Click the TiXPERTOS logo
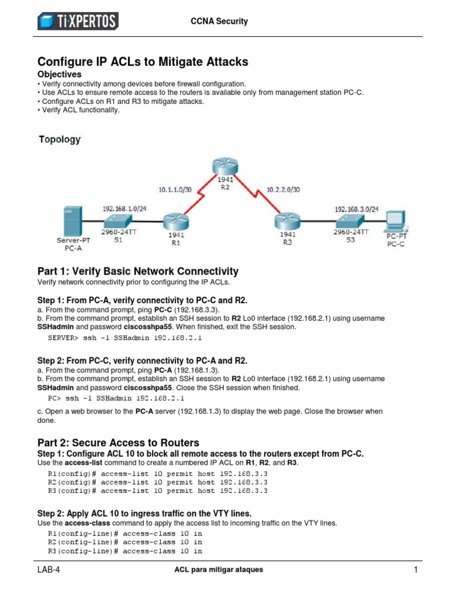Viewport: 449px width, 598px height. pyautogui.click(x=78, y=21)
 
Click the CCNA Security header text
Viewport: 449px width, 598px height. pyautogui.click(x=219, y=21)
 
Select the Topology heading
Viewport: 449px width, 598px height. pyautogui.click(x=60, y=140)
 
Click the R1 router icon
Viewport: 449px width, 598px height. pyautogui.click(x=174, y=221)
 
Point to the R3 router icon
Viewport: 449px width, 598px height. pyautogui.click(x=287, y=221)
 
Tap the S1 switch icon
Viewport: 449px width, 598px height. pyautogui.click(x=119, y=221)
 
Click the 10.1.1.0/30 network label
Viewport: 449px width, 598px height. pyautogui.click(x=175, y=190)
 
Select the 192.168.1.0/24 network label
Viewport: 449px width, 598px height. pyautogui.click(x=124, y=208)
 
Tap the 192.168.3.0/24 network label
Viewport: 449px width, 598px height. pyautogui.click(x=356, y=208)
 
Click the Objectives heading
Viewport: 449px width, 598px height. pyautogui.click(x=60, y=75)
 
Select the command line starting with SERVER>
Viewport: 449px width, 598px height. pyautogui.click(x=124, y=338)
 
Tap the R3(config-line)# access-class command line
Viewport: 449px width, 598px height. pyautogui.click(x=125, y=551)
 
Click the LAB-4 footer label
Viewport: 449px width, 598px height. pyautogui.click(x=50, y=570)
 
